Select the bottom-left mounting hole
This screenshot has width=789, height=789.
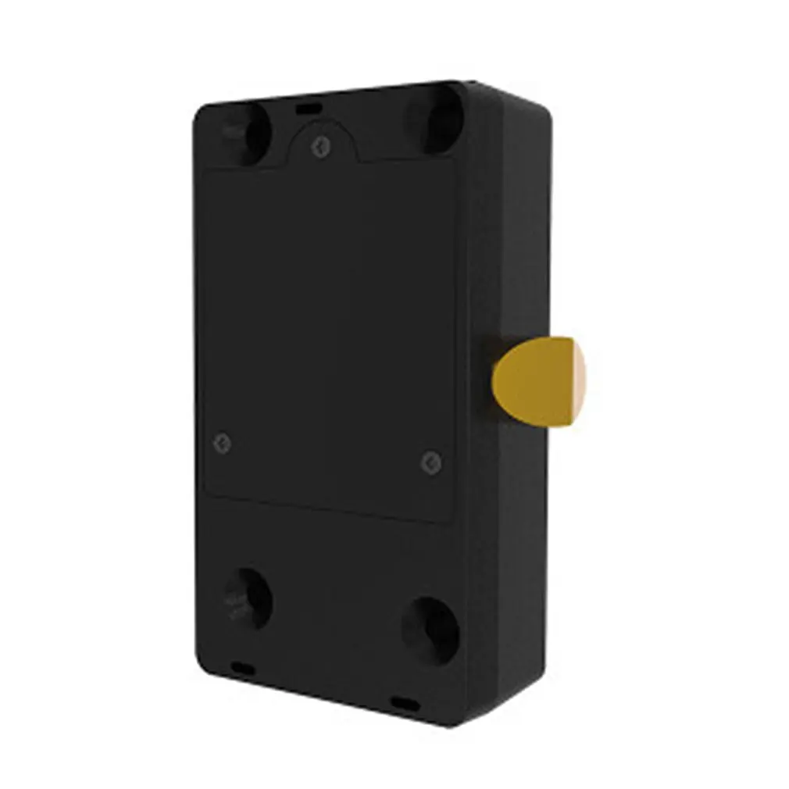point(247,598)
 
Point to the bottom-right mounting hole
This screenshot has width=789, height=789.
point(431,630)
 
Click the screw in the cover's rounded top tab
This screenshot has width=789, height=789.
point(318,146)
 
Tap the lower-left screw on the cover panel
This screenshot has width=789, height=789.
point(222,443)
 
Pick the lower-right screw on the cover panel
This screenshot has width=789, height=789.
point(430,462)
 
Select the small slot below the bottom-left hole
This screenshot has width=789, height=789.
point(240,666)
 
